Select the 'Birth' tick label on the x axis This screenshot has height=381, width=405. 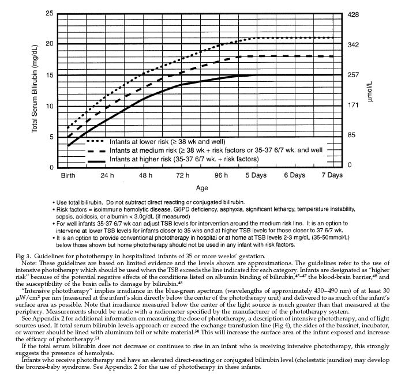click(x=68, y=175)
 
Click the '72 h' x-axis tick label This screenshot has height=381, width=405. click(x=183, y=175)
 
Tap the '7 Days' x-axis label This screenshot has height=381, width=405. click(x=331, y=175)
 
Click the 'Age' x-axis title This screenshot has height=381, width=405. click(x=202, y=188)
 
